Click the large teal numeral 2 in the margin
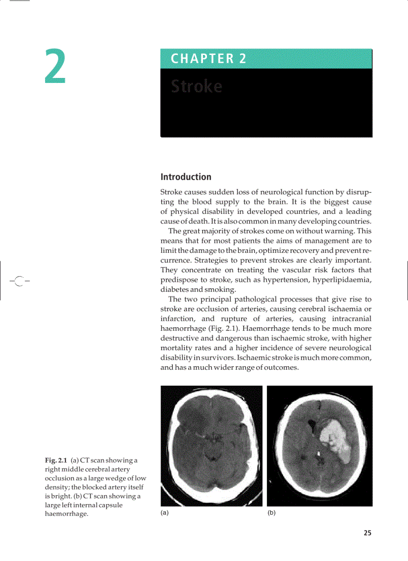tap(55, 66)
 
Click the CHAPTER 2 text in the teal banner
tap(208, 59)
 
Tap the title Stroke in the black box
tap(196, 86)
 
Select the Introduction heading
tap(185, 177)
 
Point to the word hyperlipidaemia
tap(342, 280)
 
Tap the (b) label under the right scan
tap(271, 513)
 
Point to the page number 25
tap(367, 533)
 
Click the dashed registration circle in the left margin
tap(18, 281)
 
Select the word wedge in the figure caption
tap(116, 479)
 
